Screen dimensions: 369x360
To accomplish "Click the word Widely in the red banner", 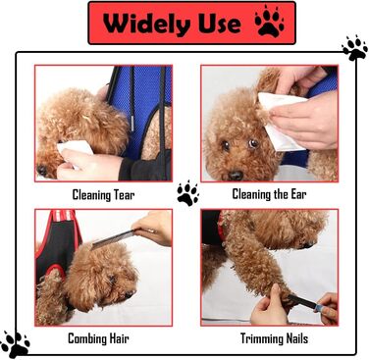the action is point(146,24).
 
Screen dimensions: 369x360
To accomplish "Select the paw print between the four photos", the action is point(187,193).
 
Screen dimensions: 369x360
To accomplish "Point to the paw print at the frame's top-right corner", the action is point(354,48).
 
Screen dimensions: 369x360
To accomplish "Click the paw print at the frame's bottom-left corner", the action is point(15,344).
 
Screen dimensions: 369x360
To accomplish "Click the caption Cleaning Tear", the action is point(103,195).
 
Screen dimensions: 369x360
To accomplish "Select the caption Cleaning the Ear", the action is point(269,194).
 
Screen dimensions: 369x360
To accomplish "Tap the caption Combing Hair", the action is point(98,338).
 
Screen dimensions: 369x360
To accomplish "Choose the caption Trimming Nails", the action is point(274,338).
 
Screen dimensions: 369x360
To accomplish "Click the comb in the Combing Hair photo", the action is point(113,239).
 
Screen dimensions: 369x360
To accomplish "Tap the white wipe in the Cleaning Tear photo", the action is point(76,149).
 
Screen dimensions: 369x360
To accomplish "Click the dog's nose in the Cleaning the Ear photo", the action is point(236,176).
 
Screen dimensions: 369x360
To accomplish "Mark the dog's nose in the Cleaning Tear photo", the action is point(42,170).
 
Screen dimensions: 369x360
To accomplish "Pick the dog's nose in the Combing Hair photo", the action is point(130,294).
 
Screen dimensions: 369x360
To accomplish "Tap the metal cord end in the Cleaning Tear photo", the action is point(132,124).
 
